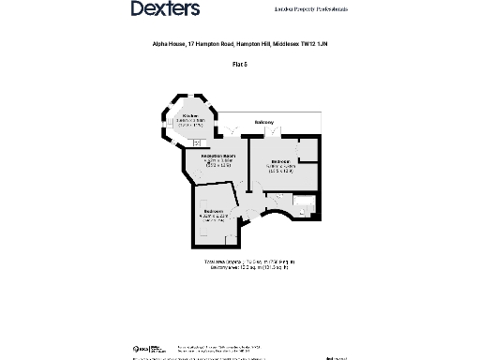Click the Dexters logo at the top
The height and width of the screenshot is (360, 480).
165,9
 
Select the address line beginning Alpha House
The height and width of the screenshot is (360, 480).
239,43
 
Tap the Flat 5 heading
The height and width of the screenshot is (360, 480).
239,63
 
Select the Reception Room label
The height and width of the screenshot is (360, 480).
217,155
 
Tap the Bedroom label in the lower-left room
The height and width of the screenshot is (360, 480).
215,212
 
